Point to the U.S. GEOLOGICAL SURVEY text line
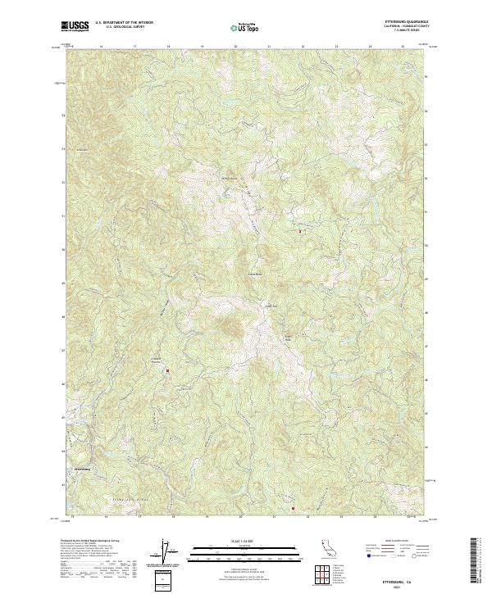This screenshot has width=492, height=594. pyautogui.click(x=119, y=27)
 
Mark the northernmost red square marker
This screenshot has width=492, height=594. pyautogui.click(x=300, y=231)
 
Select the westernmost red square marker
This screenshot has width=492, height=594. pyautogui.click(x=168, y=371)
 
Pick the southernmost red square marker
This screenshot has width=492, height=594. pyautogui.click(x=292, y=508)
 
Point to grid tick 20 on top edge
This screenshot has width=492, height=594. pyautogui.click(x=236, y=47)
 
